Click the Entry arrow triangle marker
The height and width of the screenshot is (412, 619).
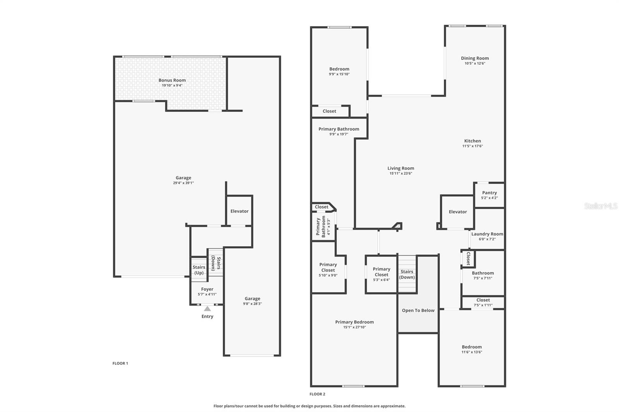207,308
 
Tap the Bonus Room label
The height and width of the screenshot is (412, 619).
172,80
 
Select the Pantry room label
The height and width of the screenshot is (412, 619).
489,192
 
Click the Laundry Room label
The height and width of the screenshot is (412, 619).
487,234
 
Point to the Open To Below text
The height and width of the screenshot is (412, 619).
418,310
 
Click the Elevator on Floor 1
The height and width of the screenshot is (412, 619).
239,211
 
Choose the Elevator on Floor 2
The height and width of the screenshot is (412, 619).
458,212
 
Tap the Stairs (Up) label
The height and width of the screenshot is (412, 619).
199,270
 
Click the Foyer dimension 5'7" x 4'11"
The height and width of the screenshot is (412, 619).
207,295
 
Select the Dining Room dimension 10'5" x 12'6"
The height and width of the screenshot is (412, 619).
475,63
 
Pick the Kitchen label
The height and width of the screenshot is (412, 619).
472,141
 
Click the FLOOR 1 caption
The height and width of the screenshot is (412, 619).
120,363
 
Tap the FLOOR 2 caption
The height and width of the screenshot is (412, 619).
317,394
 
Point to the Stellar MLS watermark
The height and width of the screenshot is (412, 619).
600,206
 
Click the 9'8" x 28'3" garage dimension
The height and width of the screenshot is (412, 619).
252,304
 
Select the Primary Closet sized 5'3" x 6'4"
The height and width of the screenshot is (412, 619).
381,274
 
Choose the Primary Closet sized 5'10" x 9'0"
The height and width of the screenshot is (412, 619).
328,270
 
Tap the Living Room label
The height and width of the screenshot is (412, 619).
401,168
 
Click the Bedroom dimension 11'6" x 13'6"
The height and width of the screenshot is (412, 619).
472,352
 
